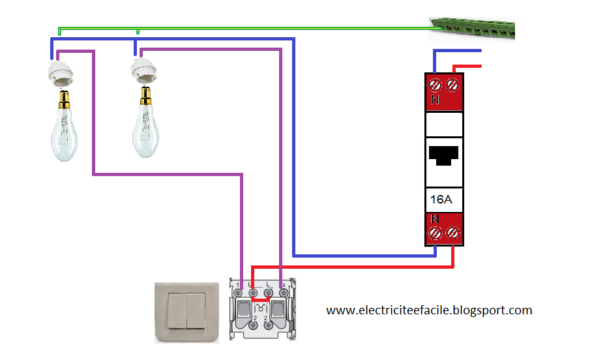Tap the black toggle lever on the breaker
coord(444,154)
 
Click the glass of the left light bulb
coord(64,133)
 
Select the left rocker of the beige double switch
coord(177,311)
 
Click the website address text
coord(429,310)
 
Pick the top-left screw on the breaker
coord(436,84)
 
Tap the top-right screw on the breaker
coord(453,84)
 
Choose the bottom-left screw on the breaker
coord(436,233)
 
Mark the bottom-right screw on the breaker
coord(453,233)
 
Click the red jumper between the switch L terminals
coord(260,301)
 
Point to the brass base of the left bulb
coord(63,100)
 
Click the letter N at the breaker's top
coord(435,101)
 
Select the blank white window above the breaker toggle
coord(444,124)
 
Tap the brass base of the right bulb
coord(145,96)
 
